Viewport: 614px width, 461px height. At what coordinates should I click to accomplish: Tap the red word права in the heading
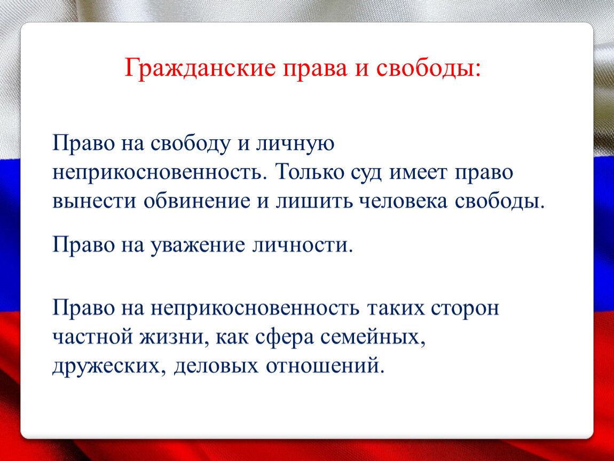click(x=315, y=69)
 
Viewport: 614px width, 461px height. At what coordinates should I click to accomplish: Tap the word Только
click(x=309, y=172)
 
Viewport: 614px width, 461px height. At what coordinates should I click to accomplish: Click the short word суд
click(x=366, y=173)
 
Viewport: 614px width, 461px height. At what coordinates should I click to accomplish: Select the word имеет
click(x=418, y=172)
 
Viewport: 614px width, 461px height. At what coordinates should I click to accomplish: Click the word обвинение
click(x=197, y=201)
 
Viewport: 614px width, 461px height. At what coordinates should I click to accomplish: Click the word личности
click(x=303, y=245)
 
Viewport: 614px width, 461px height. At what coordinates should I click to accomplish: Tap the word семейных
click(x=373, y=337)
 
